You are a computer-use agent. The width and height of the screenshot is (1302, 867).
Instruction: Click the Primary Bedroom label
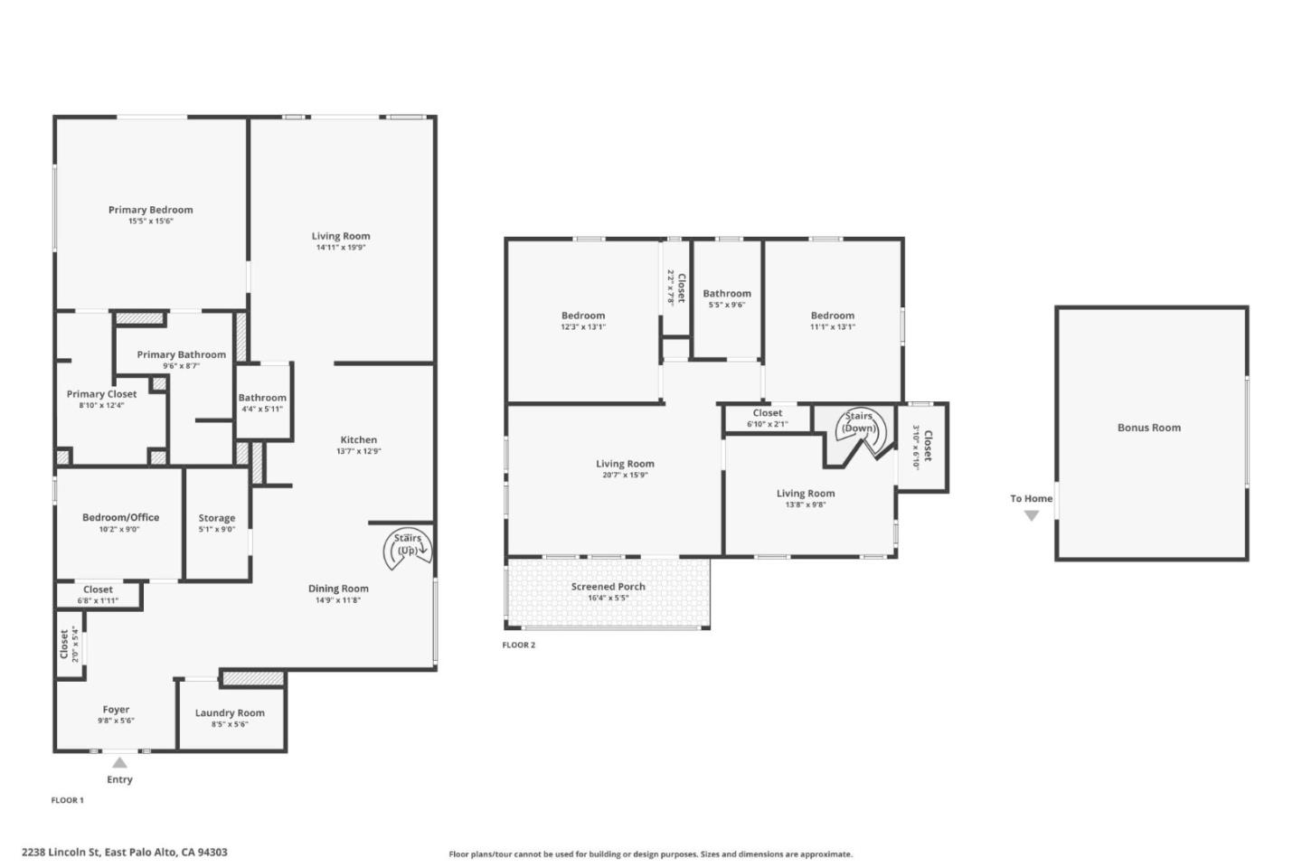[150, 210]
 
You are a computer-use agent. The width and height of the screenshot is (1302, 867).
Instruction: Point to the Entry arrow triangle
[119, 762]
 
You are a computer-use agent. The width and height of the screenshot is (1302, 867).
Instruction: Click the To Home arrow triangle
[1031, 515]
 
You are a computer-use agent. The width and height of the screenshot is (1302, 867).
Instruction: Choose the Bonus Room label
[1149, 428]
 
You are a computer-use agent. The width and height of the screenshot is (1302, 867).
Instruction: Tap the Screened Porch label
[608, 587]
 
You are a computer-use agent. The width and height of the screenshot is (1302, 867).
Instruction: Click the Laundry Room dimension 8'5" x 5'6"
[230, 724]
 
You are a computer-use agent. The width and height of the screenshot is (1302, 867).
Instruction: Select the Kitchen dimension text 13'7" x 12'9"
[359, 451]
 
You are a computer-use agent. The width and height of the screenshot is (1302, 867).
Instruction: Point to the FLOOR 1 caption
[68, 800]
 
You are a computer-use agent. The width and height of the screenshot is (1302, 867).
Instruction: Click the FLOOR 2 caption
[518, 645]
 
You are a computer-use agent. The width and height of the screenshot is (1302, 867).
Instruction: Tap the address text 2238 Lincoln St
[61, 852]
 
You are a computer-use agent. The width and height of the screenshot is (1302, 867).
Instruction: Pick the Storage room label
[217, 518]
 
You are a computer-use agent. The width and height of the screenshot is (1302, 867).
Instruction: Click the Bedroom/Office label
[120, 517]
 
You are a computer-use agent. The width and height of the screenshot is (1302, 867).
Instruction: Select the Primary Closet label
[101, 394]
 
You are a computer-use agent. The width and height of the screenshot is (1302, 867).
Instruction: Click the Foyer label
[116, 710]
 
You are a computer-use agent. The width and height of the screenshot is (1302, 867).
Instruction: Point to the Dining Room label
[338, 589]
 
